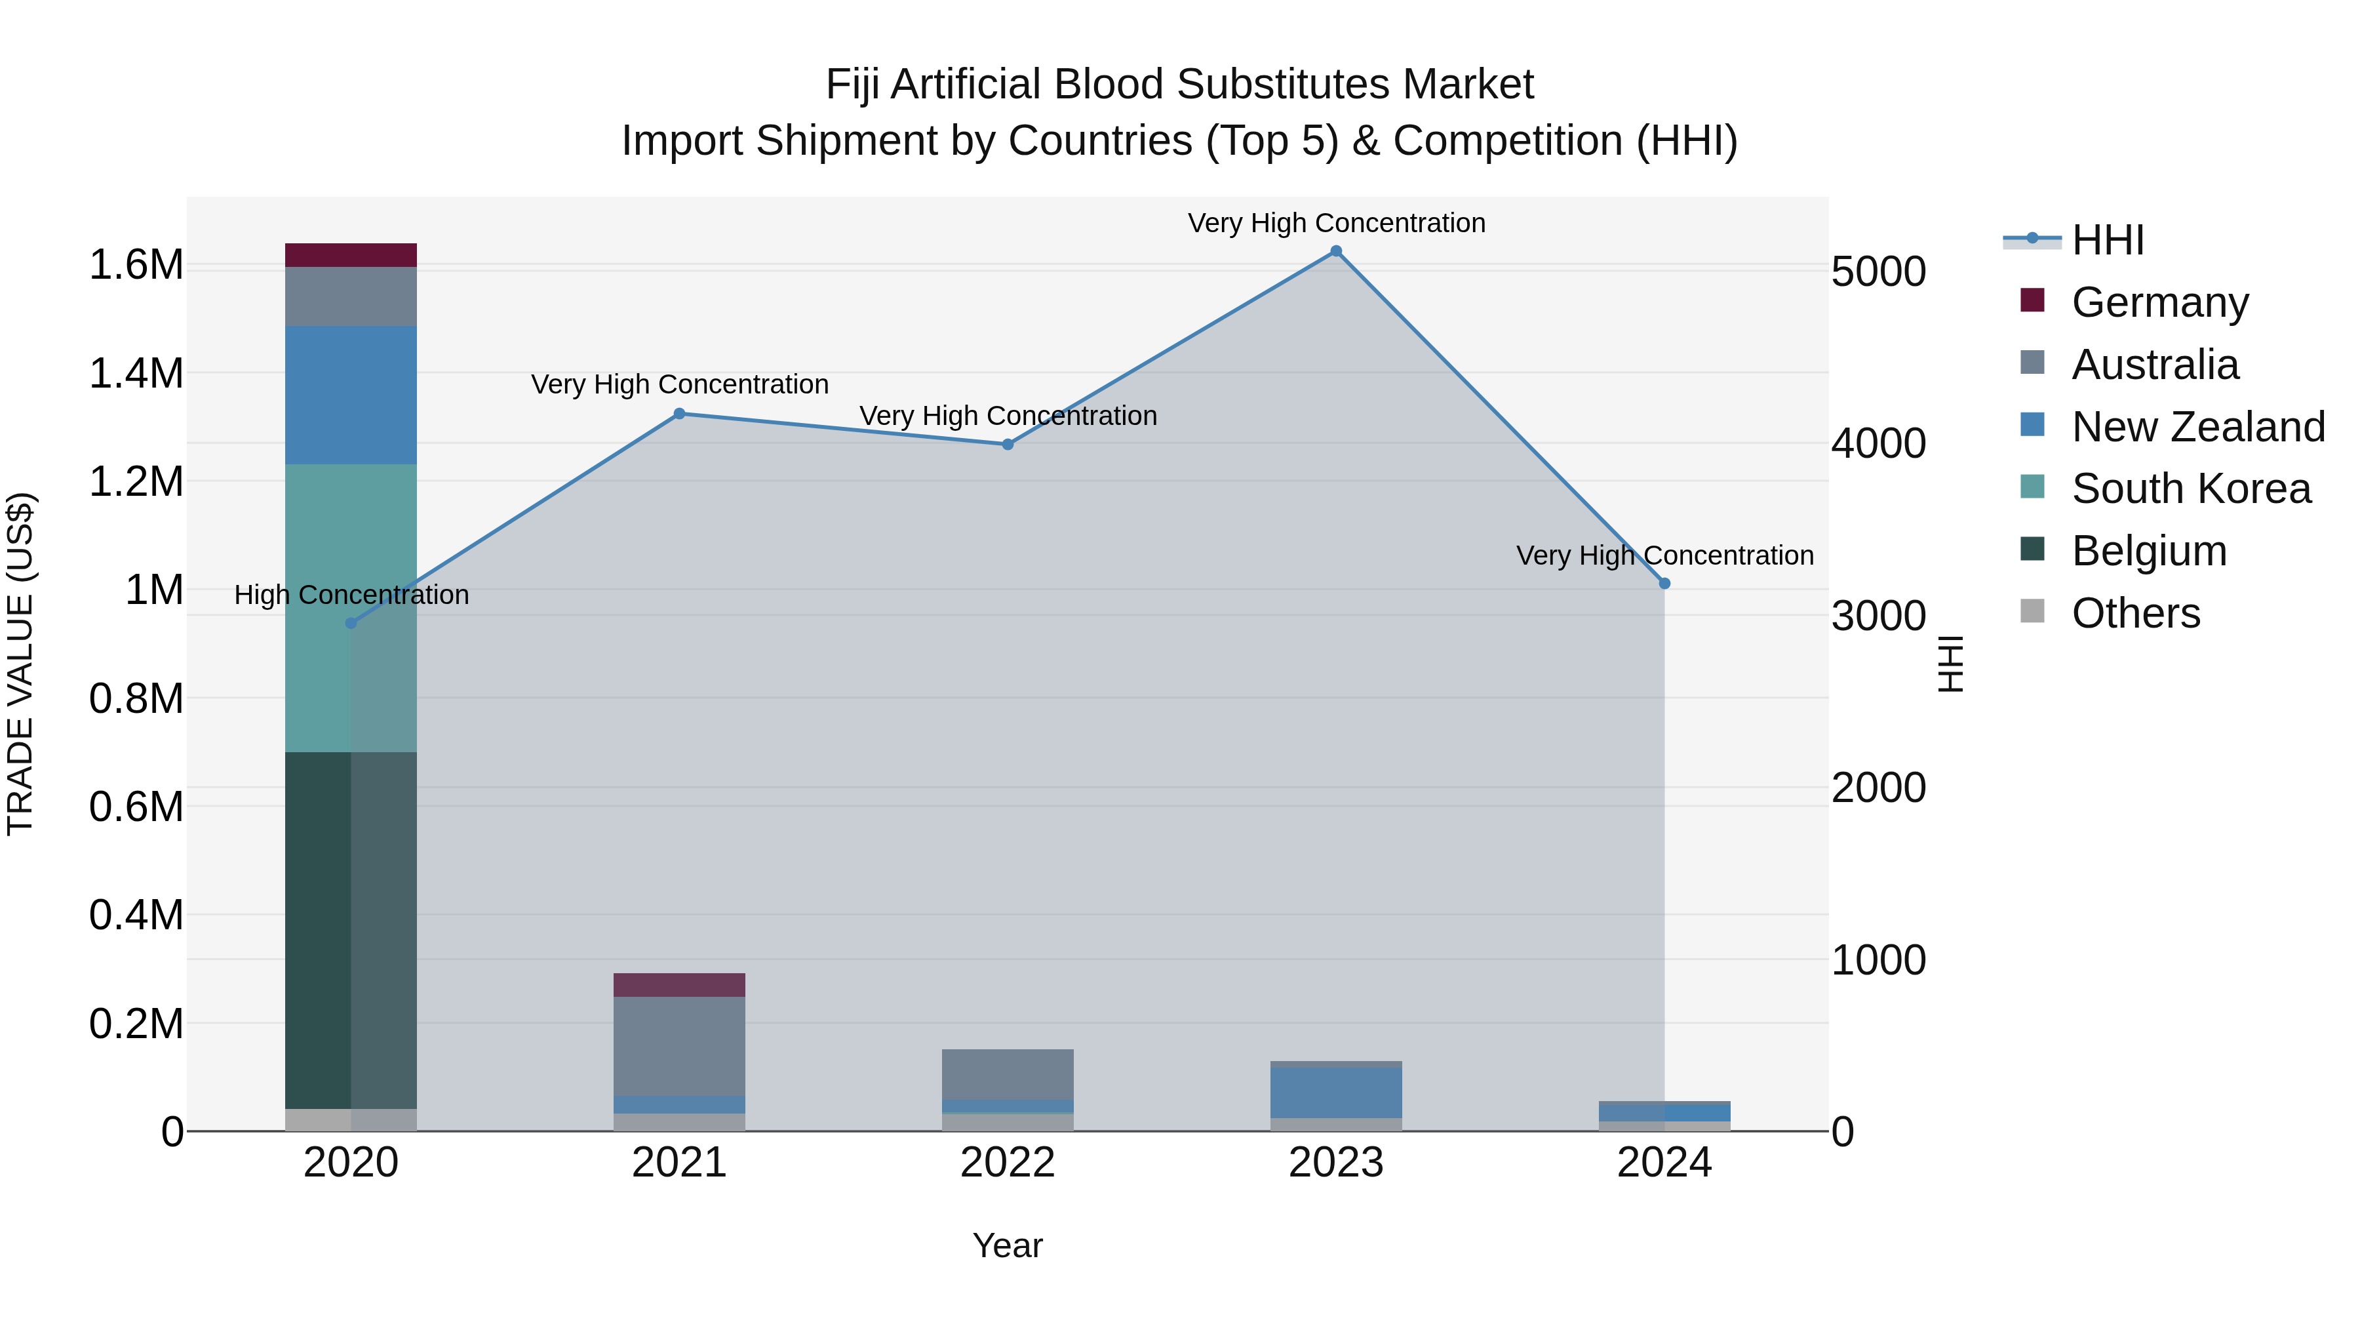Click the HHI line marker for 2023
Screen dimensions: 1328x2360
[x=1336, y=251]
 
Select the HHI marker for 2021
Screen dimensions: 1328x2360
[x=679, y=413]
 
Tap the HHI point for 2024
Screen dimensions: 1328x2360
[x=1664, y=583]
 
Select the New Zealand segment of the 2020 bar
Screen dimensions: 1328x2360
[x=351, y=394]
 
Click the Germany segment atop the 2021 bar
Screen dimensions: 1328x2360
[x=679, y=984]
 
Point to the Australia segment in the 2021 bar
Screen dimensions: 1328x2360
[x=679, y=1046]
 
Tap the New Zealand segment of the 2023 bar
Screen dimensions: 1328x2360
[x=1336, y=1091]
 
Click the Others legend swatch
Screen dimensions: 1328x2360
[x=2032, y=611]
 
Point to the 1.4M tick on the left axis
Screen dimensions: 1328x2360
[x=136, y=374]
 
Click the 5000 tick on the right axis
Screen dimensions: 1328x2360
[x=1878, y=272]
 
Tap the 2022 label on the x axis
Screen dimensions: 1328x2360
[x=1008, y=1163]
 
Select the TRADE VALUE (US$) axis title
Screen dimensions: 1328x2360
[x=20, y=664]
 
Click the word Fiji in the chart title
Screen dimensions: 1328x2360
[x=853, y=85]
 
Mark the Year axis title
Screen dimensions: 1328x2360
[x=1007, y=1245]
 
